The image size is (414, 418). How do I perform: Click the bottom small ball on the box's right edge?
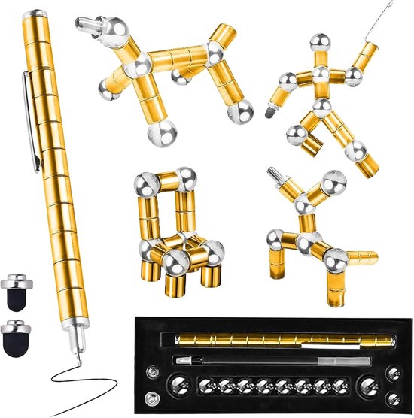tap(394, 400)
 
